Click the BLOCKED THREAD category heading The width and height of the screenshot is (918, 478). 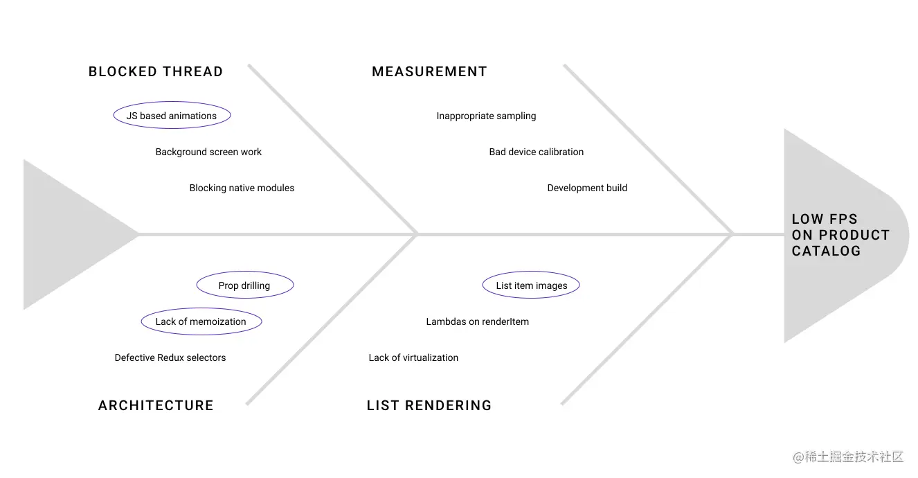156,71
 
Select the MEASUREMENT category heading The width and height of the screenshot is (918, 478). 429,71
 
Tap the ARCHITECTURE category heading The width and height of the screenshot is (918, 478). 156,405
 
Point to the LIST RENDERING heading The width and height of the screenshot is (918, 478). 429,405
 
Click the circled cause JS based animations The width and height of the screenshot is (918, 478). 172,116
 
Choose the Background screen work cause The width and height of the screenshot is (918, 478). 208,152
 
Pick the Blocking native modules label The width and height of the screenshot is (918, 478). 242,188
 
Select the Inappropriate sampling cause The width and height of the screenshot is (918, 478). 486,116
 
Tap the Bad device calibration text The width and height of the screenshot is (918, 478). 537,152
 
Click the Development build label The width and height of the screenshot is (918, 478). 587,188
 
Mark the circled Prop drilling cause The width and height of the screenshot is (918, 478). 244,285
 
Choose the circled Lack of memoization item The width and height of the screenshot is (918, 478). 201,321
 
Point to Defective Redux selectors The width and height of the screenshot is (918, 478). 170,357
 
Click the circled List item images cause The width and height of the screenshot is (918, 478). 531,285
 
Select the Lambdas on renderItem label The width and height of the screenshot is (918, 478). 477,321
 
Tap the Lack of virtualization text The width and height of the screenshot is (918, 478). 413,357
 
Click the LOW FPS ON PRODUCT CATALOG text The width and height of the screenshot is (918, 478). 840,235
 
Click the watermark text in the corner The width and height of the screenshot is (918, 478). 849,457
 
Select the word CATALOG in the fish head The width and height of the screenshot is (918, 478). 826,251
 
